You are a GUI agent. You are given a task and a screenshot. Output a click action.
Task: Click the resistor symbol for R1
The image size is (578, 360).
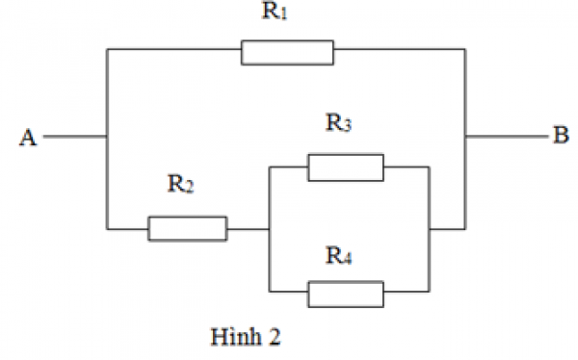287,52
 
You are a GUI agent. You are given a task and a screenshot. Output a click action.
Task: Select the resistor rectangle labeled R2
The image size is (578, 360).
187,229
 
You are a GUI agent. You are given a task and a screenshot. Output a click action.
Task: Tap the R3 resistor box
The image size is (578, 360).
345,167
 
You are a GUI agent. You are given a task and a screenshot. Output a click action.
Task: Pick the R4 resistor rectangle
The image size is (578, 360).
345,293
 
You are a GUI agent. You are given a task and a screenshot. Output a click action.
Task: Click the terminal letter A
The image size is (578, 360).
26,139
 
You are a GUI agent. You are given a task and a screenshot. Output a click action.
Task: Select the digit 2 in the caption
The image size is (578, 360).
276,338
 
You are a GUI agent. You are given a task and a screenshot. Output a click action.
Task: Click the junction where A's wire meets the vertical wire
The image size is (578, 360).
106,137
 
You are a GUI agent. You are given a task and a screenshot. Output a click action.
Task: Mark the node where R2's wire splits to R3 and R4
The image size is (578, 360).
269,229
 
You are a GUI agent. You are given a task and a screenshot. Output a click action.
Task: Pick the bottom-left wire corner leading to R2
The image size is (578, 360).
106,229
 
